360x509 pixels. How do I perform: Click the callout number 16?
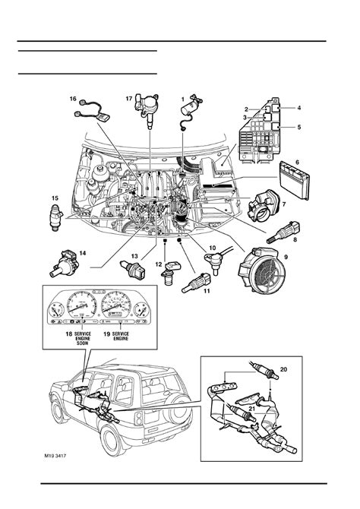(74, 99)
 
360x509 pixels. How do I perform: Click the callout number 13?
(134, 258)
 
